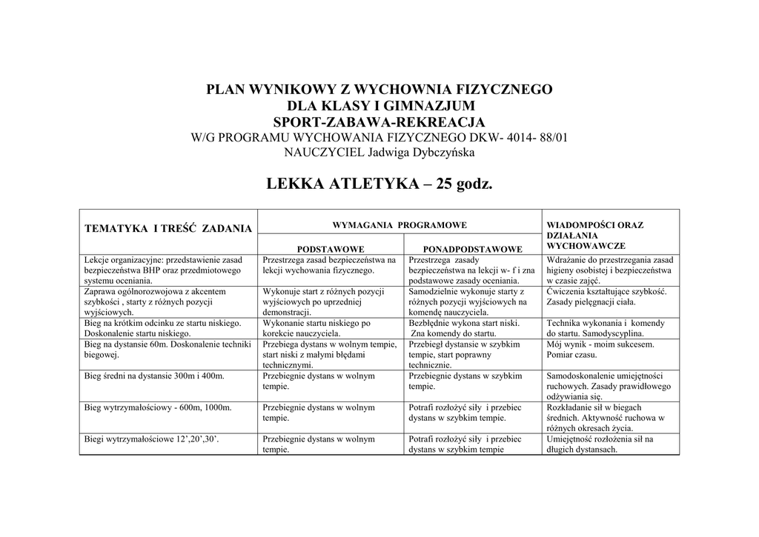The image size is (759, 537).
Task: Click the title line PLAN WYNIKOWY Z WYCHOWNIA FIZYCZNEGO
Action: click(x=379, y=90)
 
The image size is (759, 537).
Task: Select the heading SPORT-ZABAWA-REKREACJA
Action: click(x=379, y=121)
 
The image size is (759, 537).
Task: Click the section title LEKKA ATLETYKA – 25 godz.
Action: click(x=379, y=184)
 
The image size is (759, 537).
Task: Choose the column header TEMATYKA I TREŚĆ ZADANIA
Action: click(x=168, y=229)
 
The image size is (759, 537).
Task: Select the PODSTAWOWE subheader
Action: click(x=331, y=248)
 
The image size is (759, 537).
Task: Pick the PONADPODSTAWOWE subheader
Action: click(x=472, y=248)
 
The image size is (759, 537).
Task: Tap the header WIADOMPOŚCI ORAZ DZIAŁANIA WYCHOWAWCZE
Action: click(x=594, y=235)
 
